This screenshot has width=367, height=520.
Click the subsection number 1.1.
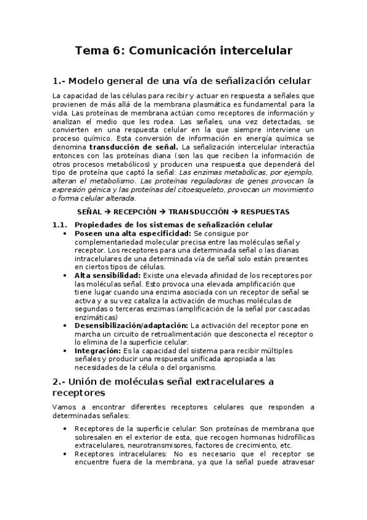point(60,225)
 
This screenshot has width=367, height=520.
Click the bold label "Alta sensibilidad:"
point(107,276)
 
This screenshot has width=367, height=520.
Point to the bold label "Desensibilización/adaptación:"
point(131,325)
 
